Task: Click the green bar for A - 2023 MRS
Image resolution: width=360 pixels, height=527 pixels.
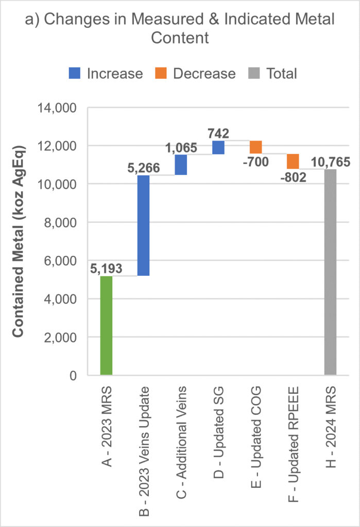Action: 106,326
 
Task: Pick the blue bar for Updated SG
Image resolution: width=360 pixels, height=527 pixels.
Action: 218,147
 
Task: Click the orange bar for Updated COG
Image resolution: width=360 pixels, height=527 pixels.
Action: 255,147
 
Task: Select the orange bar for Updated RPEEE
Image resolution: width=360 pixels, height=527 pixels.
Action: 293,161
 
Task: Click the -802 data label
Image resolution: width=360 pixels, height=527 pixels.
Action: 293,178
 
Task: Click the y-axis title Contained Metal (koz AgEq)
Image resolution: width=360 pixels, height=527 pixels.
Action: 19,242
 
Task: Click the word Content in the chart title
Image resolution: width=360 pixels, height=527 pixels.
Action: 180,39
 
